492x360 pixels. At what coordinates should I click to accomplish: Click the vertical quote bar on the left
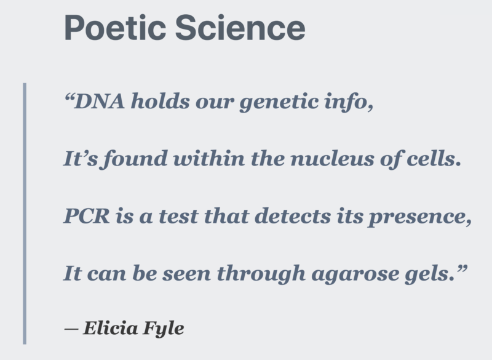point(25,213)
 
